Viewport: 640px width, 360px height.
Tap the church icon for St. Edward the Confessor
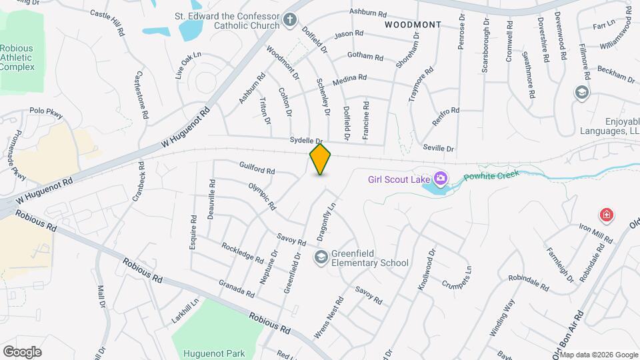click(289, 20)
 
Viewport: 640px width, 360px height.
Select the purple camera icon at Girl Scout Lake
click(440, 178)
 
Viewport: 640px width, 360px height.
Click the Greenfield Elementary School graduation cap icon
click(321, 257)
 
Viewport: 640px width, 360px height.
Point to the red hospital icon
click(606, 215)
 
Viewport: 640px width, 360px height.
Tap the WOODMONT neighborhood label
click(413, 25)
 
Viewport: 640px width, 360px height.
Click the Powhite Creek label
click(491, 175)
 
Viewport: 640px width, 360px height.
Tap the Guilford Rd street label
click(257, 167)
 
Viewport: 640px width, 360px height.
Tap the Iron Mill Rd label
click(595, 233)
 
